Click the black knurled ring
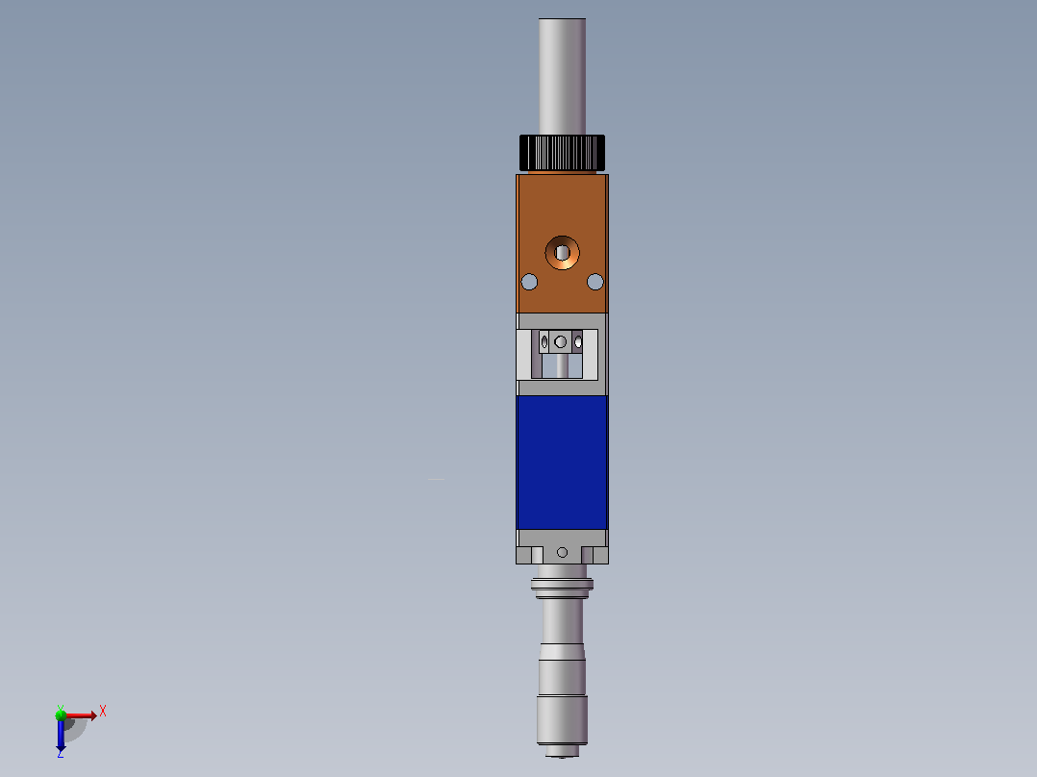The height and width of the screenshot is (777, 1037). pyautogui.click(x=562, y=153)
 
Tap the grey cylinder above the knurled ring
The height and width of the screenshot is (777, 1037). pyautogui.click(x=562, y=76)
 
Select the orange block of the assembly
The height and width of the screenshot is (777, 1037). pyautogui.click(x=562, y=243)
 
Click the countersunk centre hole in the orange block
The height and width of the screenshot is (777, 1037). pyautogui.click(x=562, y=253)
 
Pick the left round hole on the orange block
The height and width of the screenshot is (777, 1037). pyautogui.click(x=529, y=283)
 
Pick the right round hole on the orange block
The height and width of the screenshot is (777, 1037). pyautogui.click(x=595, y=283)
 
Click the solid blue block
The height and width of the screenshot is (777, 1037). pyautogui.click(x=562, y=463)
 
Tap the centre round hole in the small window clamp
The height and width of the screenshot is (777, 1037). pyautogui.click(x=560, y=342)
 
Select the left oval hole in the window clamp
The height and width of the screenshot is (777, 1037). pyautogui.click(x=544, y=342)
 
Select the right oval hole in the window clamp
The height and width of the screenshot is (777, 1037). pyautogui.click(x=578, y=342)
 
